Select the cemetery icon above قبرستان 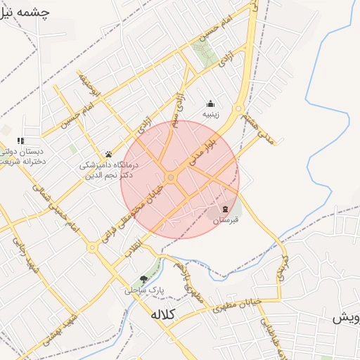coord(225,209)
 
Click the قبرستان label coord(226,220)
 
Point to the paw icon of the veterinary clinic coord(108,154)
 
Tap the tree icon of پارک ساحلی coord(144,279)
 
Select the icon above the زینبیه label coord(210,103)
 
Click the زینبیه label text coord(211,113)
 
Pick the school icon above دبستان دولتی coord(20,141)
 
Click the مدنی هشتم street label coord(258,129)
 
